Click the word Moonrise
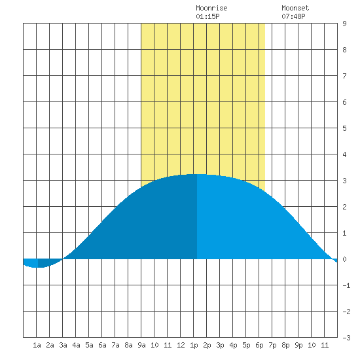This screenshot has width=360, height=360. [x=211, y=8]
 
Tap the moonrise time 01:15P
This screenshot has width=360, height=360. [x=207, y=16]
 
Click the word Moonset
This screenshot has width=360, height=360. [x=295, y=8]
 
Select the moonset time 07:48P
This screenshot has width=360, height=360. [x=293, y=16]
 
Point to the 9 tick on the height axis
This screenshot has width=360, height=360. [x=344, y=24]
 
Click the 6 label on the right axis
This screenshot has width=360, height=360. [x=344, y=102]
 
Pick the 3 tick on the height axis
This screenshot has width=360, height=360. [x=344, y=181]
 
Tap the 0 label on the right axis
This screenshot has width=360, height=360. [x=344, y=259]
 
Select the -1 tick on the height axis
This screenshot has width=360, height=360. [x=346, y=285]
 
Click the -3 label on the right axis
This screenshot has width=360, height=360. [x=346, y=338]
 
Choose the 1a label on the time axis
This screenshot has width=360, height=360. [x=37, y=345]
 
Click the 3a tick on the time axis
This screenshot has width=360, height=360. [x=63, y=345]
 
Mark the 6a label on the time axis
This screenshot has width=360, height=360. [x=102, y=345]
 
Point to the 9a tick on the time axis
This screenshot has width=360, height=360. [x=141, y=345]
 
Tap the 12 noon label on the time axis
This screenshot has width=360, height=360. [x=181, y=345]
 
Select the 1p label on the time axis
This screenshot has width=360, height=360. [x=194, y=345]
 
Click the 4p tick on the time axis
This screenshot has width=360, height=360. [x=233, y=345]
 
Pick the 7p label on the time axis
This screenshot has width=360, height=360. [x=272, y=345]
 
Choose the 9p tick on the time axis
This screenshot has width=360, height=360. [x=298, y=345]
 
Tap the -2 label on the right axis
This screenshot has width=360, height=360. [x=346, y=312]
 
